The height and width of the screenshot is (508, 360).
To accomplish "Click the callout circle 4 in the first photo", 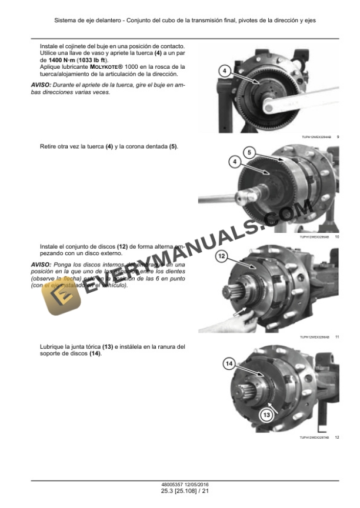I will (224, 71).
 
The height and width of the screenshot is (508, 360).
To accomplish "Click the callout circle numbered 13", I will (266, 415).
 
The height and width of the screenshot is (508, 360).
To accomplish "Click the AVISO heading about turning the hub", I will (41, 85).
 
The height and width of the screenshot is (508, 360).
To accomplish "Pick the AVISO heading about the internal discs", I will (41, 265).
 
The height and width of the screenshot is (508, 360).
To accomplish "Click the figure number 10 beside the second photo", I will (337, 237).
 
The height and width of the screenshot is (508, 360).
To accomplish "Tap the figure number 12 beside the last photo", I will (337, 437).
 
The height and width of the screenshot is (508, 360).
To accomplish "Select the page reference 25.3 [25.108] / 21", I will (180, 491).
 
